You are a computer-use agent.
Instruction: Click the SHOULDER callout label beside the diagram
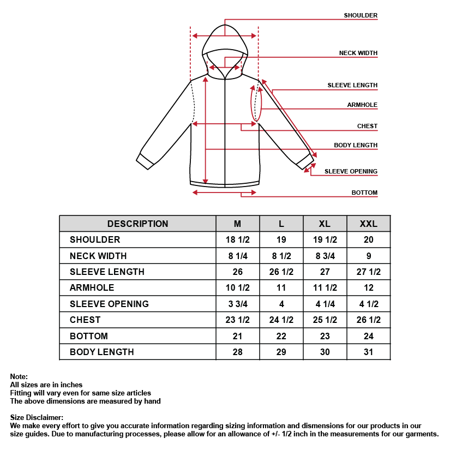360,15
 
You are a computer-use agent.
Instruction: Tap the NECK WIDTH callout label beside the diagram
358,53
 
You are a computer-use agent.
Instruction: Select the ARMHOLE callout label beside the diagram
362,105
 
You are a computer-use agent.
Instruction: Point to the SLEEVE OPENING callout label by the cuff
351,171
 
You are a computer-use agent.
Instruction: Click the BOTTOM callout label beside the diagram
364,193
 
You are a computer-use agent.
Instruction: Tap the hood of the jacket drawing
225,41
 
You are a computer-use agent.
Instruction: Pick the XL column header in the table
325,224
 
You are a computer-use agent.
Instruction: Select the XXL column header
369,224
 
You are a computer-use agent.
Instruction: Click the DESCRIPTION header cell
137,224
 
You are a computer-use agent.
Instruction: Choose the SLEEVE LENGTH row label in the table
107,272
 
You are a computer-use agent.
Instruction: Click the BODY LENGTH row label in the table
101,352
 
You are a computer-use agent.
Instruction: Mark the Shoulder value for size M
237,239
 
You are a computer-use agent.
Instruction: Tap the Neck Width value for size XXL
369,256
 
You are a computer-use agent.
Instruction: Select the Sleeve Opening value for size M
237,304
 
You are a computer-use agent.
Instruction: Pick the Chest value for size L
281,320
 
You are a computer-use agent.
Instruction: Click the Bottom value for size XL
325,336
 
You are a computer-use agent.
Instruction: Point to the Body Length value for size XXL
369,352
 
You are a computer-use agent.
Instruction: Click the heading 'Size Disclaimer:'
37,418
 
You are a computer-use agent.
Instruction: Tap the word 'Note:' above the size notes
19,376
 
